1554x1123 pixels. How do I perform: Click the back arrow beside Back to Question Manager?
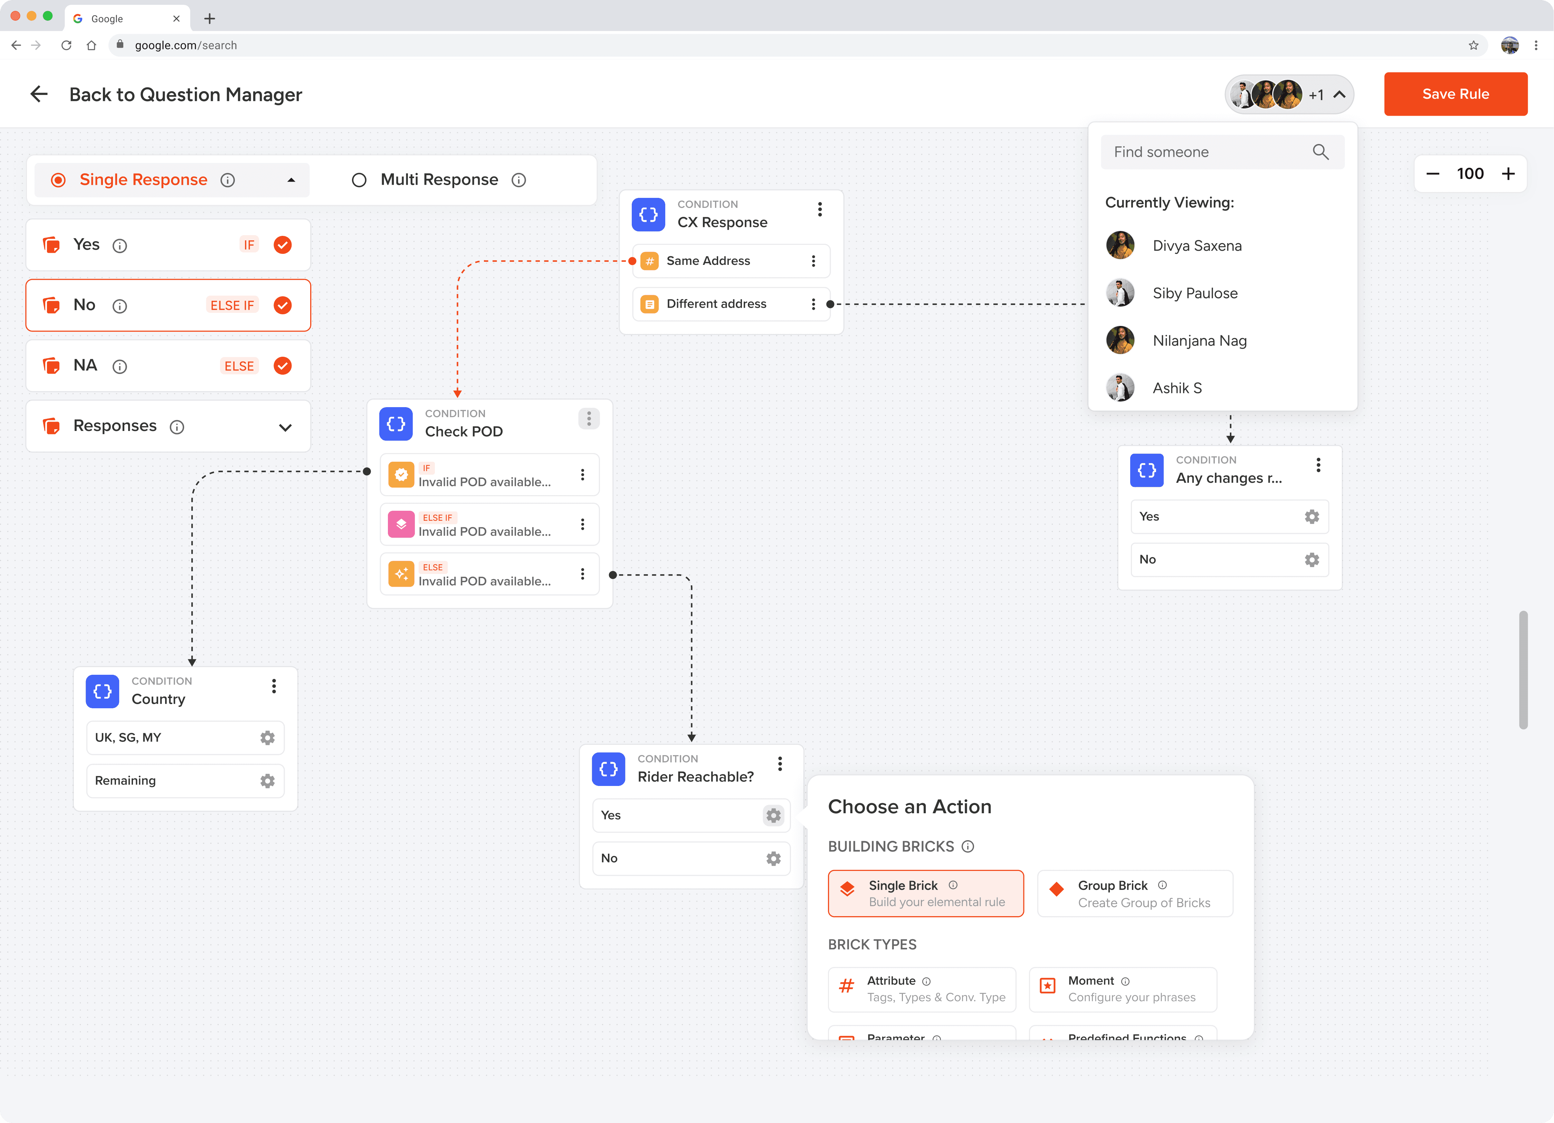pyautogui.click(x=39, y=94)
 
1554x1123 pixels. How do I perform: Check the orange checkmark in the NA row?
pyautogui.click(x=282, y=366)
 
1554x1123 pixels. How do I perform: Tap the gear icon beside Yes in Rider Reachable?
pyautogui.click(x=773, y=815)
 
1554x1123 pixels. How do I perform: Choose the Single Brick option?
pyautogui.click(x=925, y=893)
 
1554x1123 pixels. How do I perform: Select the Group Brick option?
pyautogui.click(x=1135, y=893)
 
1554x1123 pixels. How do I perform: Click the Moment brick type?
pyautogui.click(x=1122, y=989)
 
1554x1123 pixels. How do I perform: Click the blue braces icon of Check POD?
pyautogui.click(x=396, y=423)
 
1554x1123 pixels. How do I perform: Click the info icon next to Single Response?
pyautogui.click(x=228, y=180)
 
